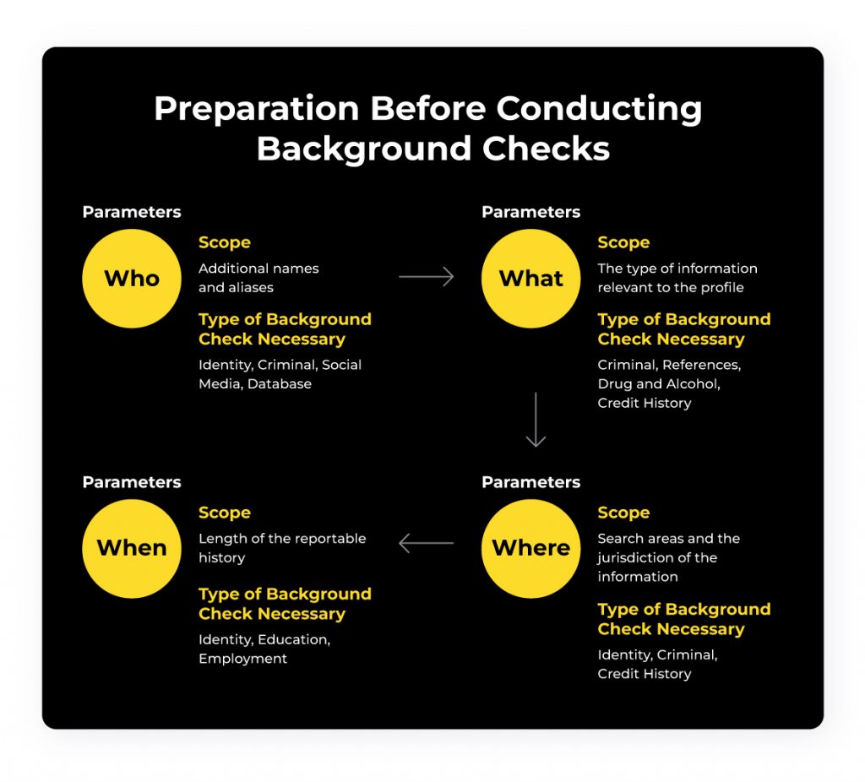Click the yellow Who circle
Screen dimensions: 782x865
click(132, 279)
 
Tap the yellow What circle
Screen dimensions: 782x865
click(530, 279)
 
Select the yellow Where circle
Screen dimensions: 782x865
click(530, 548)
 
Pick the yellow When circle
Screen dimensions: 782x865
click(132, 548)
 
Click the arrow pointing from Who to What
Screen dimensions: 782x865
click(426, 277)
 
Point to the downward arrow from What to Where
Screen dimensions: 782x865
click(536, 420)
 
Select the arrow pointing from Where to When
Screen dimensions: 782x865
click(426, 543)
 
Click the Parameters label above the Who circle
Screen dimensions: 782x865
click(132, 212)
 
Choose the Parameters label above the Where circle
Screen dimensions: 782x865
click(530, 482)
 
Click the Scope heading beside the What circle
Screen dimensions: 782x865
click(623, 242)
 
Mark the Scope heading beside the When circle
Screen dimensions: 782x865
click(224, 513)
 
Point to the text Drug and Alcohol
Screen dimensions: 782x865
click(659, 383)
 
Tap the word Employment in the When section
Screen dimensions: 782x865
click(242, 658)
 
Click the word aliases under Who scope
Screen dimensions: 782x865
click(251, 287)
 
